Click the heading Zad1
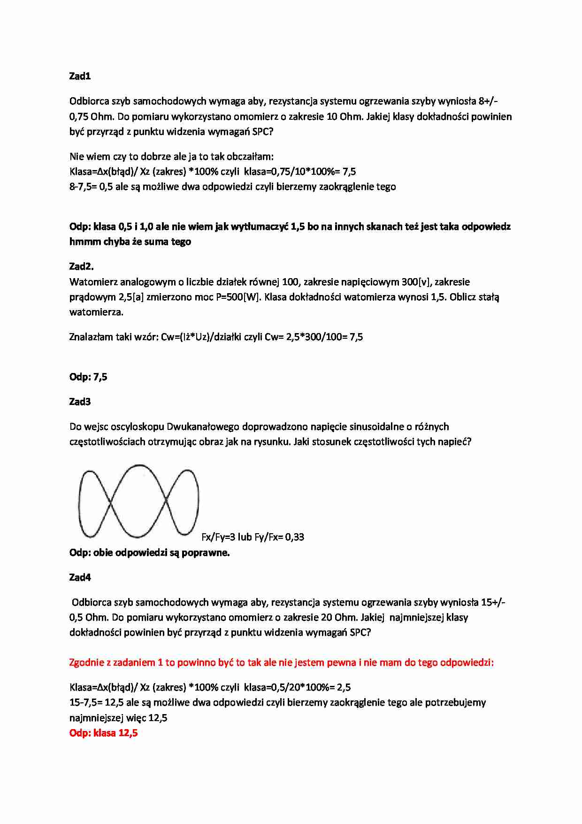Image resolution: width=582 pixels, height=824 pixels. coord(80,76)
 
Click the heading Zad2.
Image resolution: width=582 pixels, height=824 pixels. coord(81,266)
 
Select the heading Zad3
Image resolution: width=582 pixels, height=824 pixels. coord(80,402)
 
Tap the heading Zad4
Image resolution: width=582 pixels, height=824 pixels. coord(80,577)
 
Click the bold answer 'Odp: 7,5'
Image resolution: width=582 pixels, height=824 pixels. coord(88,377)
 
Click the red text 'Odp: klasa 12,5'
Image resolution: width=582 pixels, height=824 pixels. coord(103,733)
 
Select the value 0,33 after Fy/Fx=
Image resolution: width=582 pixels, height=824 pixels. coord(294,537)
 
